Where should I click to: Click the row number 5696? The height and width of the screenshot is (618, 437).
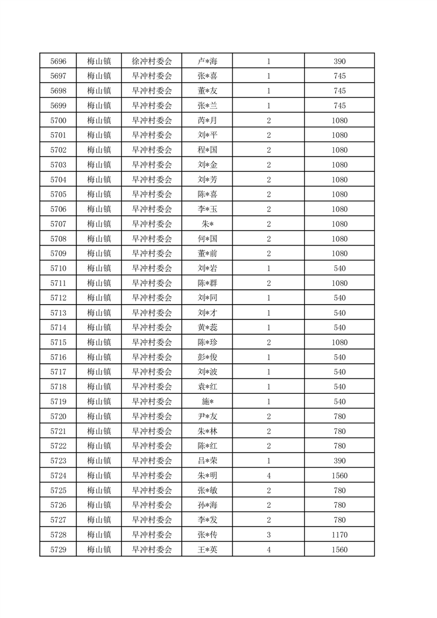coord(58,61)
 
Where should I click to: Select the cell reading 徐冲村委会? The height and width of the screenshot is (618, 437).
coord(152,61)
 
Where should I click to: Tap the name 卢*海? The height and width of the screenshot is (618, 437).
coord(207,61)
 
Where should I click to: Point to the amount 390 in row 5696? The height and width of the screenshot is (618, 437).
coord(339,61)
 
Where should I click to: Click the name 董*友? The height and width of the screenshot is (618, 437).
coord(207,91)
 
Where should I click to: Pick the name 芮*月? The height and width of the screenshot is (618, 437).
coord(207,121)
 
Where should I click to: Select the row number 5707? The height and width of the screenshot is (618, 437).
coord(58,224)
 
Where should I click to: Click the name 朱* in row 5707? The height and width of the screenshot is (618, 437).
coord(207,224)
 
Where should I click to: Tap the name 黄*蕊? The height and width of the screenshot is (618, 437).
coord(207,328)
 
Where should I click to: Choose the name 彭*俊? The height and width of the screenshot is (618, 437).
coord(207,357)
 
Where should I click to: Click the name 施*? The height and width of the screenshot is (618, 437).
coord(207,402)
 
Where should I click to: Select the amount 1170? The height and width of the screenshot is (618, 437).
coord(339,535)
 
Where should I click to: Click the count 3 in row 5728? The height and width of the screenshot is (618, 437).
coord(268,535)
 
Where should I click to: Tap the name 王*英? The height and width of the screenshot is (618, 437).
coord(207,550)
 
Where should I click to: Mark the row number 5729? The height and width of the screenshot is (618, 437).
coord(58,550)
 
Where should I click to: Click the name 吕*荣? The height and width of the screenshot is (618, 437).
coord(207,461)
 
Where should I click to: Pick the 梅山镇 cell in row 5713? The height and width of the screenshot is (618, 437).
coord(99,313)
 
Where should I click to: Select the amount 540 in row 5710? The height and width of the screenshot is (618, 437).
coord(339,268)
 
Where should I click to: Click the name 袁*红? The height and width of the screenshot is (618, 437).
coord(207,387)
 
